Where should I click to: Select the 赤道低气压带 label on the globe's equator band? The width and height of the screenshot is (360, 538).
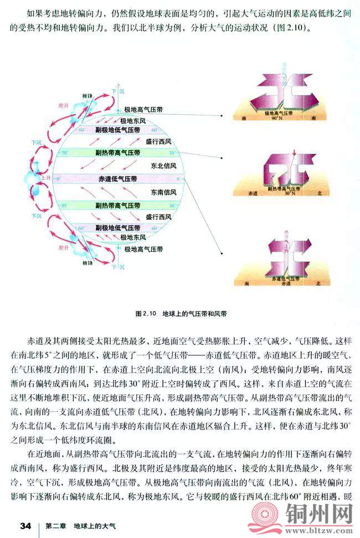118,179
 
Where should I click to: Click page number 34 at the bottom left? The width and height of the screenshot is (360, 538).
24,524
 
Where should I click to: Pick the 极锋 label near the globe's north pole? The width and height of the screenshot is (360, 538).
88,96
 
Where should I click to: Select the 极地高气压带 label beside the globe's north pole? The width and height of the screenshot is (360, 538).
143,110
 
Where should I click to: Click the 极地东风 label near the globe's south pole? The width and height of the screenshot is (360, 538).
132,238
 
